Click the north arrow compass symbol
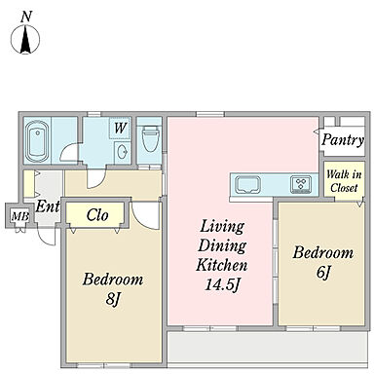pyautogui.click(x=25, y=39)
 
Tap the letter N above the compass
pyautogui.click(x=26, y=16)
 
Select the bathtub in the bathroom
pyautogui.click(x=37, y=141)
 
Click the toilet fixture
pyautogui.click(x=150, y=138)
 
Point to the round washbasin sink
pyautogui.click(x=123, y=152)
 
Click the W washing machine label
pyautogui.click(x=120, y=128)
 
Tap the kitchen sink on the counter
pyautogui.click(x=248, y=184)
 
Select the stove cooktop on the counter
pyautogui.click(x=301, y=184)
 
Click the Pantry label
pyautogui.click(x=343, y=140)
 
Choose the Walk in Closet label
pyautogui.click(x=344, y=181)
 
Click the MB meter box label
pyautogui.click(x=19, y=216)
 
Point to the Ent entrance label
pyautogui.click(x=48, y=206)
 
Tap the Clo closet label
pyautogui.click(x=97, y=215)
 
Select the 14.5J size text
pyautogui.click(x=223, y=285)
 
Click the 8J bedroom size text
pyautogui.click(x=113, y=299)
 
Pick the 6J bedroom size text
pyautogui.click(x=323, y=273)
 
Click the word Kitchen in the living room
pyautogui.click(x=222, y=265)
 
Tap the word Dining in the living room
pyautogui.click(x=222, y=246)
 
